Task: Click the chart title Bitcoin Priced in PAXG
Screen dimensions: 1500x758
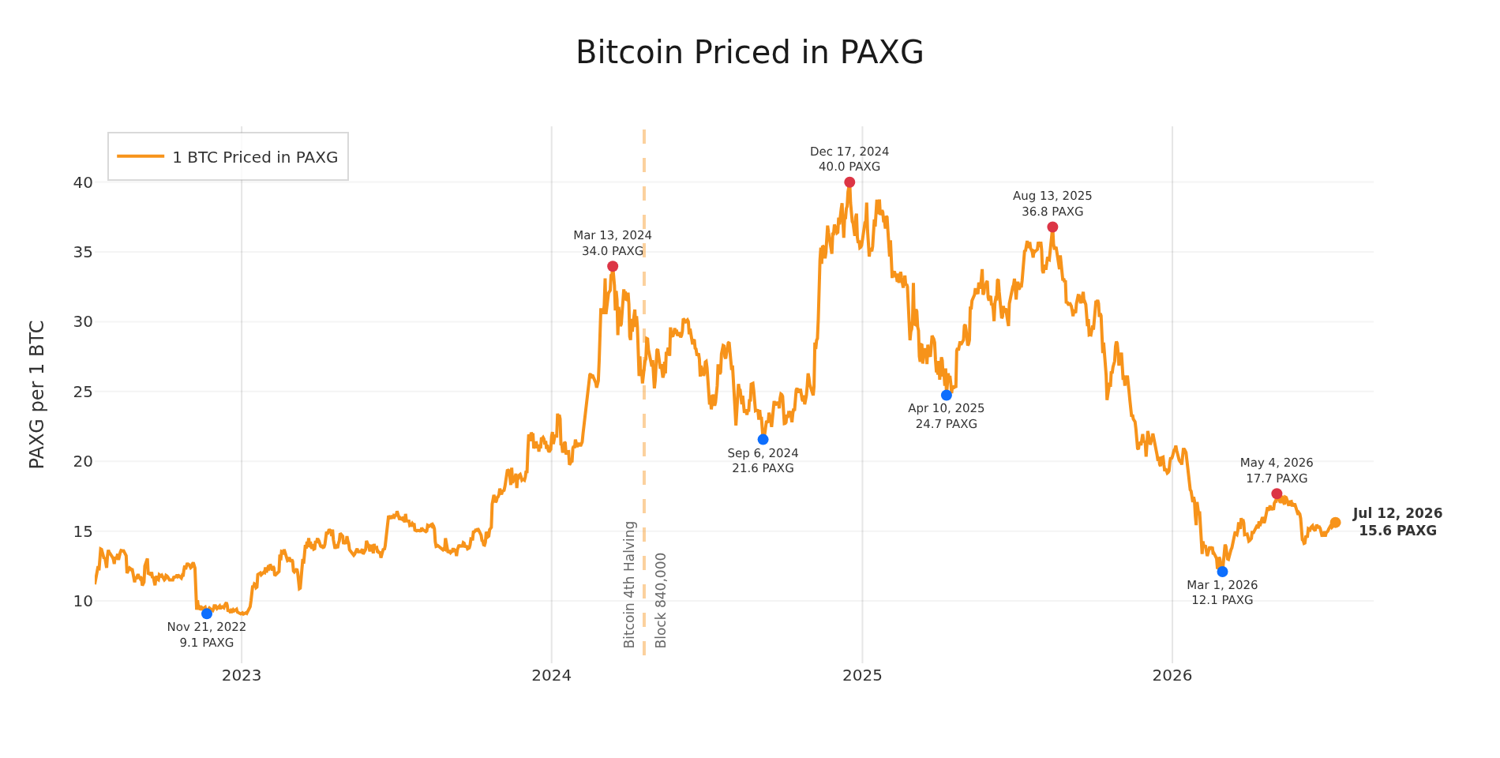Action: point(749,53)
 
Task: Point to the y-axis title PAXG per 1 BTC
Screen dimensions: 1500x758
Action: point(36,394)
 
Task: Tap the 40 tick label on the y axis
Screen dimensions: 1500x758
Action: point(83,182)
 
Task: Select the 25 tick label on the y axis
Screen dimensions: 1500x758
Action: point(83,392)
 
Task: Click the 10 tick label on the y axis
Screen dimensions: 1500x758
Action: point(83,601)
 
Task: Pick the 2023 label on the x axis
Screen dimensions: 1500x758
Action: point(242,675)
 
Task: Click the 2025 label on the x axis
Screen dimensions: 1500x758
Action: point(862,675)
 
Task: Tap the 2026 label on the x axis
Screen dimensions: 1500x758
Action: point(1172,675)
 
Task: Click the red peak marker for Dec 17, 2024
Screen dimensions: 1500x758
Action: point(849,182)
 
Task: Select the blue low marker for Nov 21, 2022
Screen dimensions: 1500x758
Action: point(207,614)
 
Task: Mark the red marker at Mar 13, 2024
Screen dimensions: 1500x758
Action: point(613,266)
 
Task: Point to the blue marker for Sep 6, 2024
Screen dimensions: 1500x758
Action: point(763,439)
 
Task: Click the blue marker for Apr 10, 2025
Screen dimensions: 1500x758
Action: point(947,395)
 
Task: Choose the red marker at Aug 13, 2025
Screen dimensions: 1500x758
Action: point(1052,227)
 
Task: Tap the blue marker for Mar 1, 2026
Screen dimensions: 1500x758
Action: point(1222,572)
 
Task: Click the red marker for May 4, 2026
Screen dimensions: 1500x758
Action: point(1277,493)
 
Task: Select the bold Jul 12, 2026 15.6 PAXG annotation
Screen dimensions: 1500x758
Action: point(1397,522)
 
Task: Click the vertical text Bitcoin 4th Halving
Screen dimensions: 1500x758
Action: point(629,584)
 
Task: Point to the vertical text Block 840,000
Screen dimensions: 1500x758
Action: point(661,600)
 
